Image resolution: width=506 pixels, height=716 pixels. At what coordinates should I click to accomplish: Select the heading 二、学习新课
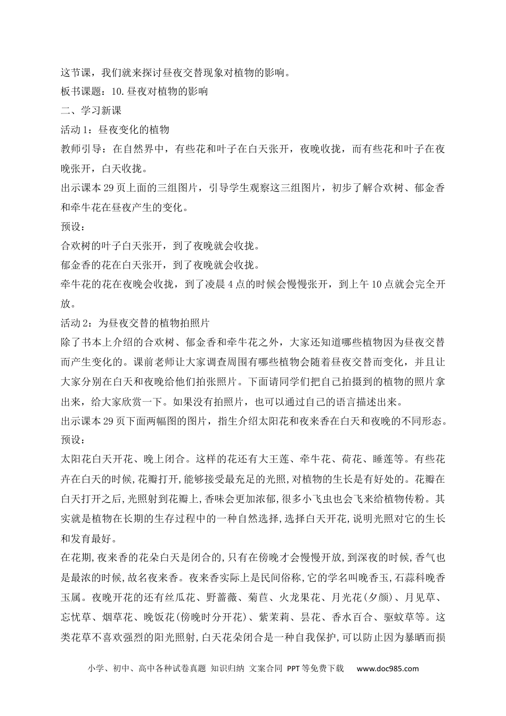[x=91, y=110]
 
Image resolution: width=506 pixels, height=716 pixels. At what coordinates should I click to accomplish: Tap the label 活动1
[x=75, y=130]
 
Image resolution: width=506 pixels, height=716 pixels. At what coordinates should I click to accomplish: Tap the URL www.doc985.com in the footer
[x=387, y=669]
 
